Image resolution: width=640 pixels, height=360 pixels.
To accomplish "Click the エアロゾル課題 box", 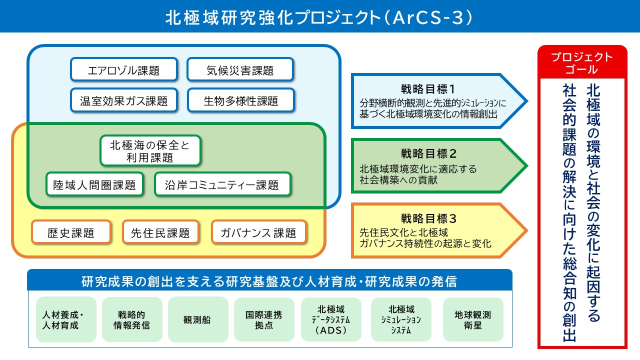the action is [x=124, y=69].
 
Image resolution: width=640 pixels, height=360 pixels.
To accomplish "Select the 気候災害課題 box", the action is [x=240, y=69].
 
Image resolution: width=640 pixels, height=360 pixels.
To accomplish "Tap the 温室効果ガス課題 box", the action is [x=124, y=100].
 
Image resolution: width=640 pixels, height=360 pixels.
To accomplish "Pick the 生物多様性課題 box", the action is [x=241, y=100].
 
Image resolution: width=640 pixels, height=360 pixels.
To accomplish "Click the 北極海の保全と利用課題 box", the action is [x=150, y=150].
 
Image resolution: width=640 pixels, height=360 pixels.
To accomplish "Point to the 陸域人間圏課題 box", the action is [x=94, y=184].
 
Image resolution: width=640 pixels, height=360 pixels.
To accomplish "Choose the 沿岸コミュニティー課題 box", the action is [x=222, y=184].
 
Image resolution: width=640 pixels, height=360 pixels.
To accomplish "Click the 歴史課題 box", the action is [x=71, y=232].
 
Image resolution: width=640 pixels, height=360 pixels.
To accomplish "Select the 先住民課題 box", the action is [x=160, y=232].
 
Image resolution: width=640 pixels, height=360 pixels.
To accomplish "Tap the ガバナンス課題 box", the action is [x=259, y=232].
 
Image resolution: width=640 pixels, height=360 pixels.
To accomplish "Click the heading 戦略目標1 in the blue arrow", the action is [x=427, y=89].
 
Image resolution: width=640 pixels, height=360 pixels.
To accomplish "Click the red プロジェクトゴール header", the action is [x=582, y=63].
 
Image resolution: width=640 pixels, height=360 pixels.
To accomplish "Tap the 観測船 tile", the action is [x=198, y=319].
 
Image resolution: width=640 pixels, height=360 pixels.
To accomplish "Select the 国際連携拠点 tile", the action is [x=264, y=319].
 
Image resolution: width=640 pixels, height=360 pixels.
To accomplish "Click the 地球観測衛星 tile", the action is [x=473, y=319].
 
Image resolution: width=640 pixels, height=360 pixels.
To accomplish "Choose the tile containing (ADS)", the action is [x=331, y=319].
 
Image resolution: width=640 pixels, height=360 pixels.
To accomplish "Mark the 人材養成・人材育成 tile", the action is [x=66, y=319].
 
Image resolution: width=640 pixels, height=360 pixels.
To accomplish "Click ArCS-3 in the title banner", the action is [x=428, y=17].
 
